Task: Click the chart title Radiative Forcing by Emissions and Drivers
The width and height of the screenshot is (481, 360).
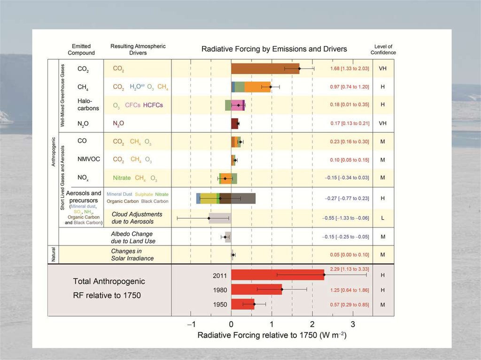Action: [274, 49]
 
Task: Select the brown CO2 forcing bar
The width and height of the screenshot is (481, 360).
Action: [265, 69]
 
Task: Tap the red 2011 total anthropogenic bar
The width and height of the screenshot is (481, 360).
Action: [277, 275]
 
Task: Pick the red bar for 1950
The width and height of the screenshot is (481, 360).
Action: [242, 304]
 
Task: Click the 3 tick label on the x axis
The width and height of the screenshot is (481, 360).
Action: [353, 324]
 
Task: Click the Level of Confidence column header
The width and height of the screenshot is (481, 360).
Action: [383, 49]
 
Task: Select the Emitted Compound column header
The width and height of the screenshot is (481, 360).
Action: [81, 49]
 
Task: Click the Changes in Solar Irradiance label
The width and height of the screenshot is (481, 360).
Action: [132, 255]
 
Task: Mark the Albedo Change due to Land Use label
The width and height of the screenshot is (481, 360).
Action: [132, 237]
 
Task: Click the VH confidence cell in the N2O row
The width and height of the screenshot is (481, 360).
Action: [383, 123]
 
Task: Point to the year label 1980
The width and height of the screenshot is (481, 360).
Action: [220, 290]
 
